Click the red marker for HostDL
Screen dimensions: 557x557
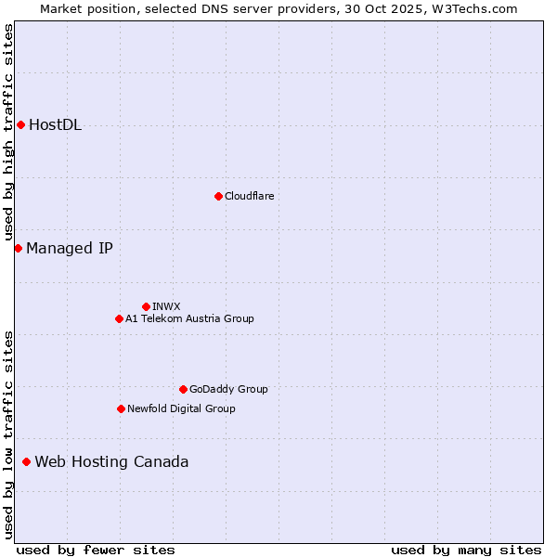click(20, 125)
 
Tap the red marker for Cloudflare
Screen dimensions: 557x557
click(218, 196)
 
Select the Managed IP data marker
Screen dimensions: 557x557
click(18, 248)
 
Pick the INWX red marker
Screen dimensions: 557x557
click(146, 306)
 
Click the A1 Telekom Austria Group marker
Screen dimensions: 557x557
click(119, 318)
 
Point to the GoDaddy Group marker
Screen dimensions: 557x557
click(183, 389)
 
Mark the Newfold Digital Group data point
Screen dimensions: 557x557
click(121, 408)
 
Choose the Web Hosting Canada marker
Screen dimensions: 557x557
click(26, 461)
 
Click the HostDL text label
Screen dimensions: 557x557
click(56, 125)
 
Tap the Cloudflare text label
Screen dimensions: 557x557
click(249, 196)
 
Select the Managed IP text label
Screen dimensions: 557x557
click(70, 248)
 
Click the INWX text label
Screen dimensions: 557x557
click(166, 306)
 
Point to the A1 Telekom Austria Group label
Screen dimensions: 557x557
click(189, 318)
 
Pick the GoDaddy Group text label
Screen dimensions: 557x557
click(228, 389)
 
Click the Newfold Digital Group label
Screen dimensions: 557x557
click(181, 408)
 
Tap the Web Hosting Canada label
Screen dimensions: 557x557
click(111, 461)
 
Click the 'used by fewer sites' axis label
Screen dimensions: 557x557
click(96, 550)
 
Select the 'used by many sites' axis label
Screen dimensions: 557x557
click(466, 550)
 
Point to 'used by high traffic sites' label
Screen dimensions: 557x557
click(8, 134)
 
